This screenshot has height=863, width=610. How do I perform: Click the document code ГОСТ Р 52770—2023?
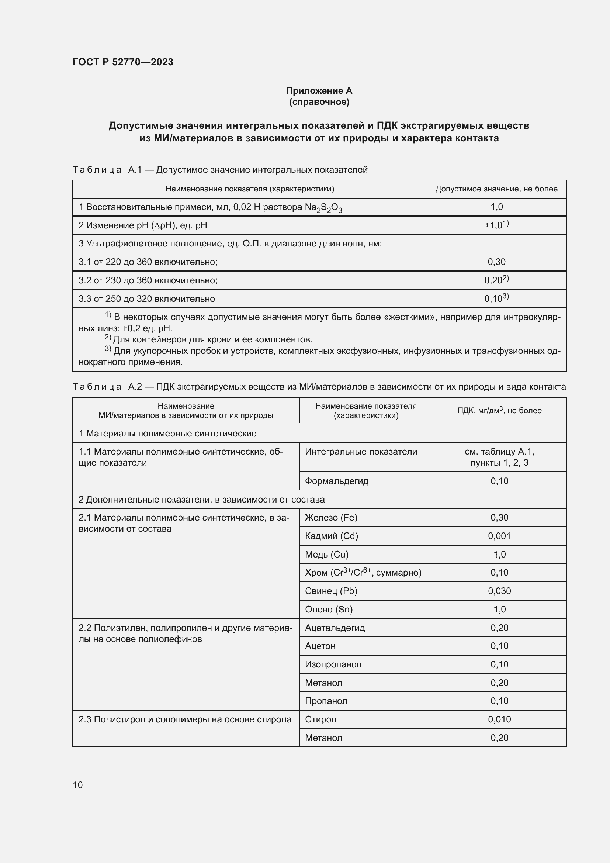(x=123, y=62)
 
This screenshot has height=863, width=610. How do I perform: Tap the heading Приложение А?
(x=319, y=91)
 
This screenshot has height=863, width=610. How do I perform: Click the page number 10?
(x=77, y=785)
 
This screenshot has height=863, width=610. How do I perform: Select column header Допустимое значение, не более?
(x=496, y=189)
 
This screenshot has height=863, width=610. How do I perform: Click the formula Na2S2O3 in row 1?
(x=323, y=207)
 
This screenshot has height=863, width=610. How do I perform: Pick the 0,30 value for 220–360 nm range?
(x=496, y=262)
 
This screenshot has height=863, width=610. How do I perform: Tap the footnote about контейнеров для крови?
(x=212, y=340)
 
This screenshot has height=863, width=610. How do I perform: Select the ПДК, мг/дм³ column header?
(x=499, y=410)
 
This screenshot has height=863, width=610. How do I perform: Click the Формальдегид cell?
(x=337, y=481)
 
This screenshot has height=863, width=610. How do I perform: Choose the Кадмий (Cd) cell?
(x=331, y=536)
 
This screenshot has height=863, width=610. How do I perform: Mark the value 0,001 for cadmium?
(x=499, y=536)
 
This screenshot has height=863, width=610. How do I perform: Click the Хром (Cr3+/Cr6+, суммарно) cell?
(x=363, y=573)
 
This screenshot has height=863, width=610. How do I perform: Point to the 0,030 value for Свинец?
(x=499, y=591)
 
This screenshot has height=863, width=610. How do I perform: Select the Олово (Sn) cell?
(x=329, y=609)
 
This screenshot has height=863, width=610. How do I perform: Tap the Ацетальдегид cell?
(x=335, y=628)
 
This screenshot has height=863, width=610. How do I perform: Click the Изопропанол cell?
(x=333, y=664)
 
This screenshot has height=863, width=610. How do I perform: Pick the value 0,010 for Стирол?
(x=499, y=719)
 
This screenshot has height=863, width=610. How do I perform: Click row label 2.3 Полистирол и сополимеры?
(x=185, y=719)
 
